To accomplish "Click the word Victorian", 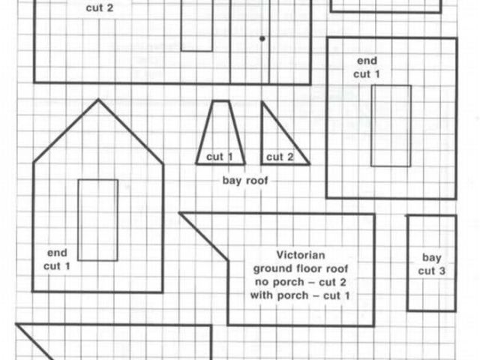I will [299, 254].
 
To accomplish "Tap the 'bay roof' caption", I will [245, 181].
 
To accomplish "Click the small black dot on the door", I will [262, 37].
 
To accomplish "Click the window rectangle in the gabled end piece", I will [97, 220].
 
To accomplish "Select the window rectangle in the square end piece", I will [391, 125].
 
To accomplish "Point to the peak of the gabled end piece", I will [97, 100].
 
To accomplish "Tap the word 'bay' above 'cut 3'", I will [432, 257].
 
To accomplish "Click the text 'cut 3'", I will [432, 271].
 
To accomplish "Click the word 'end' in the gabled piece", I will [57, 253].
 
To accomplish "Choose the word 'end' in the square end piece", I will [367, 61].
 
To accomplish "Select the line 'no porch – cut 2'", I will [300, 281].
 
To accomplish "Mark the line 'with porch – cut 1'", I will [301, 295].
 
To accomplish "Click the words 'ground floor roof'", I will [300, 268].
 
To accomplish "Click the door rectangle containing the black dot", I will [250, 41].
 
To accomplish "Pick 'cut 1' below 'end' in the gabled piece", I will [57, 265].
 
